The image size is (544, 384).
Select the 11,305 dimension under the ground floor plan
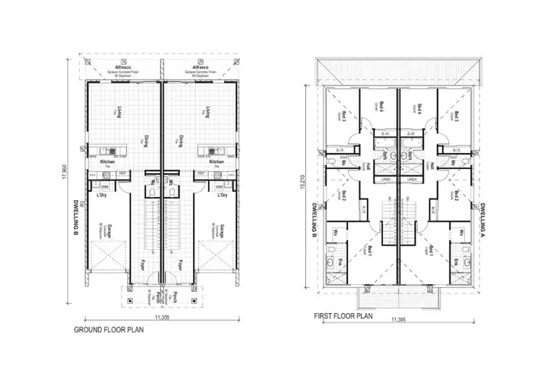162,318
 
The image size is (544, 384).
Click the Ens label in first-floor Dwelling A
456,262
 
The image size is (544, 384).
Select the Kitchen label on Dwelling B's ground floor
108,162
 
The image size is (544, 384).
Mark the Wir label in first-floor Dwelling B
338,233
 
